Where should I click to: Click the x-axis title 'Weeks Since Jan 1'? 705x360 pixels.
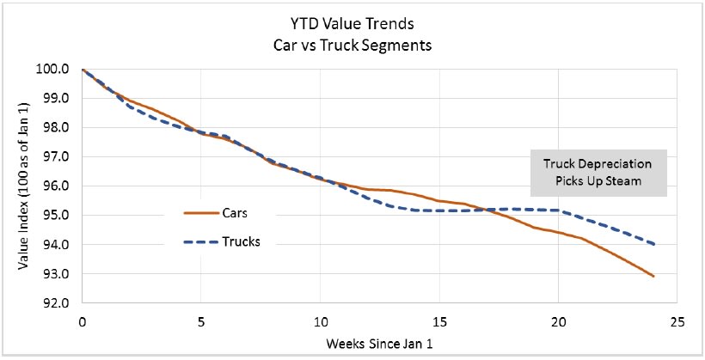[x=378, y=345]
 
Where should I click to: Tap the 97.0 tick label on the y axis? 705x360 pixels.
[x=57, y=157]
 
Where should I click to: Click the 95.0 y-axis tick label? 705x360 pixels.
[x=57, y=216]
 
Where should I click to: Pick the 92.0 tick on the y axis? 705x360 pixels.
[x=57, y=304]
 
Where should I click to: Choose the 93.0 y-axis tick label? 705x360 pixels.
[x=57, y=275]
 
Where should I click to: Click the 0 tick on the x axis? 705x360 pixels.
[x=82, y=321]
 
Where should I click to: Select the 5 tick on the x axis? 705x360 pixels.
[x=200, y=321]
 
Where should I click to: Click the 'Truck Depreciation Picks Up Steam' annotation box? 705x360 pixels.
[x=597, y=174]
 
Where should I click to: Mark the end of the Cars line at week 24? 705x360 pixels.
[x=653, y=277]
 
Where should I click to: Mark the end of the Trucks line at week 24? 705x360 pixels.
[x=653, y=245]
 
